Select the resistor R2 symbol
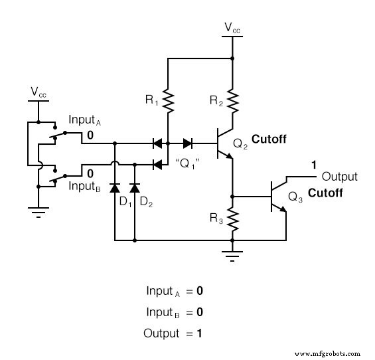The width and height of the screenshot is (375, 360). (232, 102)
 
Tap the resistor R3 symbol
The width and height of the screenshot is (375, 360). (232, 217)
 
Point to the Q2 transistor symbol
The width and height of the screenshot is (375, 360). (225, 143)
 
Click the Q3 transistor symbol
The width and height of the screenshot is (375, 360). (279, 197)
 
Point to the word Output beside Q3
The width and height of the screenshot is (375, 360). (340, 177)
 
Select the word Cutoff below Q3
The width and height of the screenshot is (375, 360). (325, 194)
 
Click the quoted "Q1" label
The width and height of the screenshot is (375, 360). (187, 162)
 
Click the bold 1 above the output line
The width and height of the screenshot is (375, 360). (314, 164)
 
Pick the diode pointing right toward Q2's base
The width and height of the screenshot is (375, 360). (187, 142)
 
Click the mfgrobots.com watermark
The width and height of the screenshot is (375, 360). (329, 353)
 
